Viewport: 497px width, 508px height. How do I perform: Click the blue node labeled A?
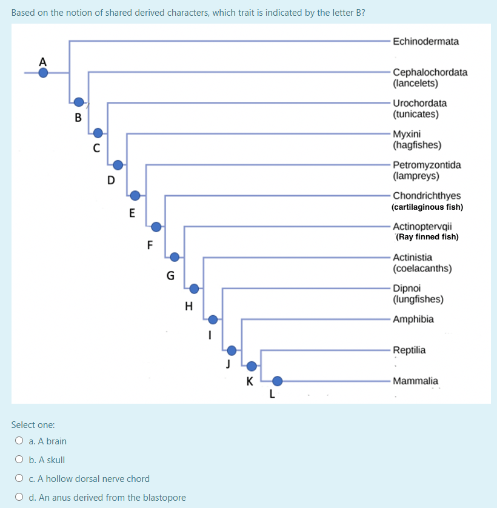tap(43, 73)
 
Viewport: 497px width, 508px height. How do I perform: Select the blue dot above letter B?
tap(79, 102)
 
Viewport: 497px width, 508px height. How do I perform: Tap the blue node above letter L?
tap(277, 381)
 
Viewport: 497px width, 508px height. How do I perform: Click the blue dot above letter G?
tap(175, 257)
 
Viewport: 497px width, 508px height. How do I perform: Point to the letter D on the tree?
tap(110, 180)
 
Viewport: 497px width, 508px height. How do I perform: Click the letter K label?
tap(249, 381)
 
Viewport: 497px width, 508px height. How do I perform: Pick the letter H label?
tap(188, 306)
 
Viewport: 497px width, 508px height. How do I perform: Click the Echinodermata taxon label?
tap(425, 41)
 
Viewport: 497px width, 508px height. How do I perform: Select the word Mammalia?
tap(415, 381)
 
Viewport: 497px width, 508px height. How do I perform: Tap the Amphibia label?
tap(413, 319)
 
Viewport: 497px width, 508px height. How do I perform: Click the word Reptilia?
tap(409, 350)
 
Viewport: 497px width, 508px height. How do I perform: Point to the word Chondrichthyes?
tap(427, 195)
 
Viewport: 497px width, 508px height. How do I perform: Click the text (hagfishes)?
tap(416, 145)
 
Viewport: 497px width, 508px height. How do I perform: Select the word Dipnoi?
tap(407, 288)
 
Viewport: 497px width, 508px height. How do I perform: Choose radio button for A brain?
tap(20, 441)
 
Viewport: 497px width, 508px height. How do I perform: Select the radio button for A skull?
tap(20, 460)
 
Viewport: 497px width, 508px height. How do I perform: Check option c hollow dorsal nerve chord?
tap(20, 478)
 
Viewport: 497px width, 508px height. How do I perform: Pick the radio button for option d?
tap(20, 497)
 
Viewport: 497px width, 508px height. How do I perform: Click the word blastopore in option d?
tap(164, 497)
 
